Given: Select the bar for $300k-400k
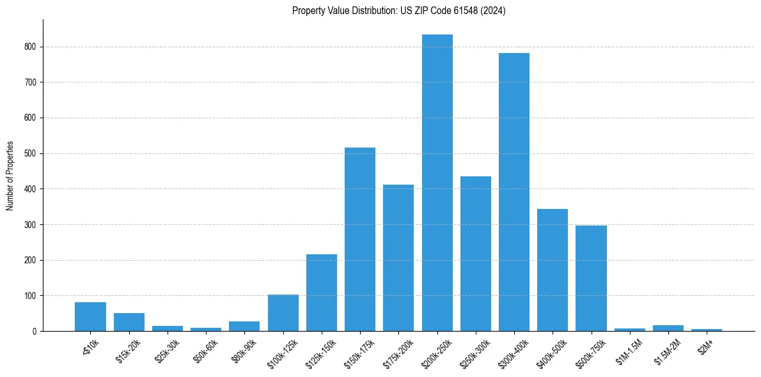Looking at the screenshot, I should click(x=514, y=192).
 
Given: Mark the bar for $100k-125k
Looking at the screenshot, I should click(x=283, y=313).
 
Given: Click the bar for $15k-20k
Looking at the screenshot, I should click(x=129, y=322).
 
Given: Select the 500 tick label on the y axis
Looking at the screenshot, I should click(x=33, y=154).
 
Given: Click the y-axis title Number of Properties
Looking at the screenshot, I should click(x=10, y=176).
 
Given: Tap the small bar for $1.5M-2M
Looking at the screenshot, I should click(x=668, y=328).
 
